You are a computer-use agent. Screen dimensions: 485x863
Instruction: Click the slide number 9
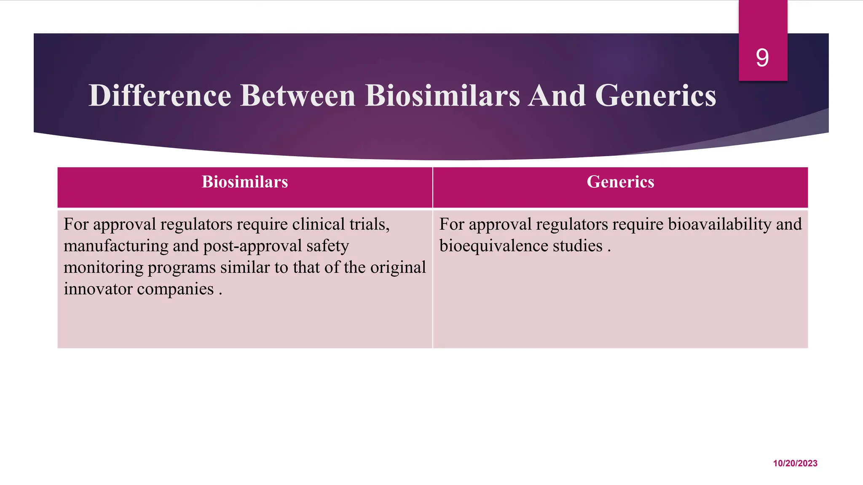click(762, 58)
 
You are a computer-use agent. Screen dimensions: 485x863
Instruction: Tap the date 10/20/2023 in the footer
click(795, 463)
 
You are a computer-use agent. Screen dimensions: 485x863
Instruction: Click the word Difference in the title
click(160, 96)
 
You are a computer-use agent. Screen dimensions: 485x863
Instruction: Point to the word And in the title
click(557, 96)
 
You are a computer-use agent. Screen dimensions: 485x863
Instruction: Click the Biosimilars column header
click(245, 182)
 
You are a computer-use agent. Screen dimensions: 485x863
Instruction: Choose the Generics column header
click(620, 182)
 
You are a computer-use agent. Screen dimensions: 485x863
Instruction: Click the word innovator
click(98, 289)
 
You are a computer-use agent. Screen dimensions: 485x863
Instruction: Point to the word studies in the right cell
click(577, 246)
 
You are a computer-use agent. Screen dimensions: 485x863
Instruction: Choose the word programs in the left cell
click(182, 268)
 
